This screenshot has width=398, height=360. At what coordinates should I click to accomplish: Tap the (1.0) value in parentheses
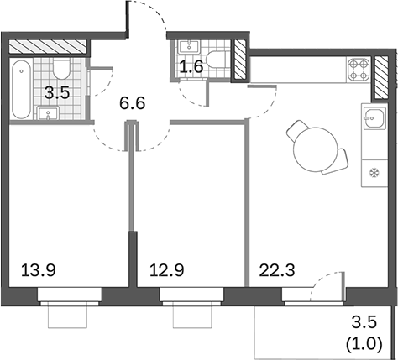pyautogui.click(x=365, y=342)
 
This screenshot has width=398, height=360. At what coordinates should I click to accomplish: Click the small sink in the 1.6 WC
pyautogui.click(x=186, y=46)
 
